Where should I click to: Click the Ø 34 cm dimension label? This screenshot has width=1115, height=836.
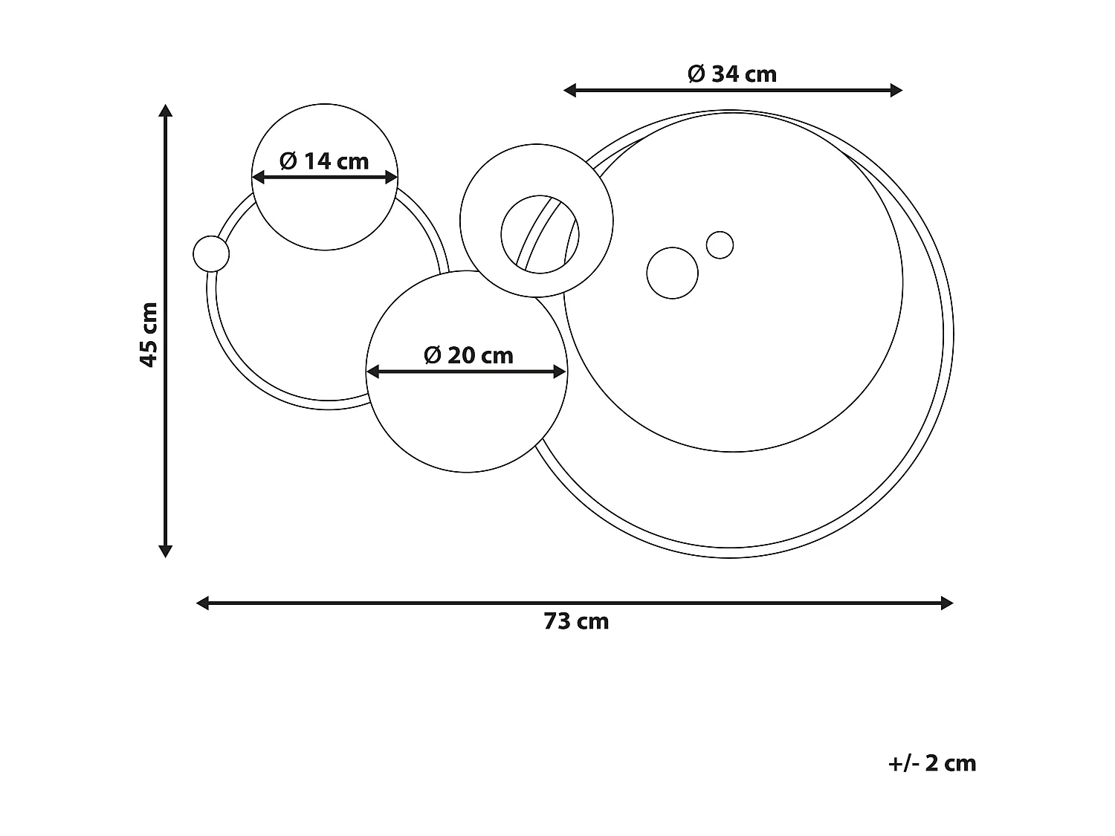pyautogui.click(x=732, y=74)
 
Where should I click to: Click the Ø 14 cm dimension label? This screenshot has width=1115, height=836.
pyautogui.click(x=324, y=161)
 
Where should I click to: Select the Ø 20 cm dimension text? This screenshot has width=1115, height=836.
pyautogui.click(x=468, y=355)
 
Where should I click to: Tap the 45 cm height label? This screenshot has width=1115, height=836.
pyautogui.click(x=149, y=334)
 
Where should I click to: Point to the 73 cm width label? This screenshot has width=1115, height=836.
pyautogui.click(x=576, y=621)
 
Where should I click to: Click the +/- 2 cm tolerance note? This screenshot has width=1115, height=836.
pyautogui.click(x=931, y=763)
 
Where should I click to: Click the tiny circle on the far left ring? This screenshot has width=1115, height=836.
pyautogui.click(x=211, y=254)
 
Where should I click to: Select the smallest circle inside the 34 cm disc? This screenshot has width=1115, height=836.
pyautogui.click(x=720, y=244)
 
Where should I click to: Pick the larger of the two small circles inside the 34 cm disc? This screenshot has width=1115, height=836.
pyautogui.click(x=673, y=273)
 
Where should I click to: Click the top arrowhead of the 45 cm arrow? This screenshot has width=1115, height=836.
pyautogui.click(x=166, y=111)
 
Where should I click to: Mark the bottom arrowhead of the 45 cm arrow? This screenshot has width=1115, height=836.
pyautogui.click(x=166, y=551)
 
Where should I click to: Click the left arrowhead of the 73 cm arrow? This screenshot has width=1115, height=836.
pyautogui.click(x=202, y=603)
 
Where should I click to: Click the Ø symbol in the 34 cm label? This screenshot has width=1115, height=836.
pyautogui.click(x=696, y=74)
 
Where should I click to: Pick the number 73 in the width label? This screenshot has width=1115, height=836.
pyautogui.click(x=556, y=621)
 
